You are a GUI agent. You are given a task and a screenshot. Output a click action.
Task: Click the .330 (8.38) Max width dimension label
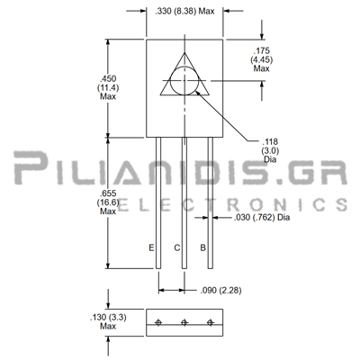184,12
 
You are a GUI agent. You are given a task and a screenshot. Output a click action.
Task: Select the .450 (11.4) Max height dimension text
108,87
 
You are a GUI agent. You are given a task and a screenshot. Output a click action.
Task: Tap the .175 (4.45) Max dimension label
262,59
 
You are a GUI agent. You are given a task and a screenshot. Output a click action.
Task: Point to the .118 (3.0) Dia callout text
270,150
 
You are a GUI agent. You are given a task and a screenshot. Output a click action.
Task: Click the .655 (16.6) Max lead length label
108,202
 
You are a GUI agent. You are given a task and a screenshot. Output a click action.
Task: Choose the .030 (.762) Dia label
262,217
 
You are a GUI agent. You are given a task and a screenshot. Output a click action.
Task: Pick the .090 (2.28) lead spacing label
220,291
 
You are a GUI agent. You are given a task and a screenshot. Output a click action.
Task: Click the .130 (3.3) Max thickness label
108,321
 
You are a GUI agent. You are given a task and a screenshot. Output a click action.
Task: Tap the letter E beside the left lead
151,247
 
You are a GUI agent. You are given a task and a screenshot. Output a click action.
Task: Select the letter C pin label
177,247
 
